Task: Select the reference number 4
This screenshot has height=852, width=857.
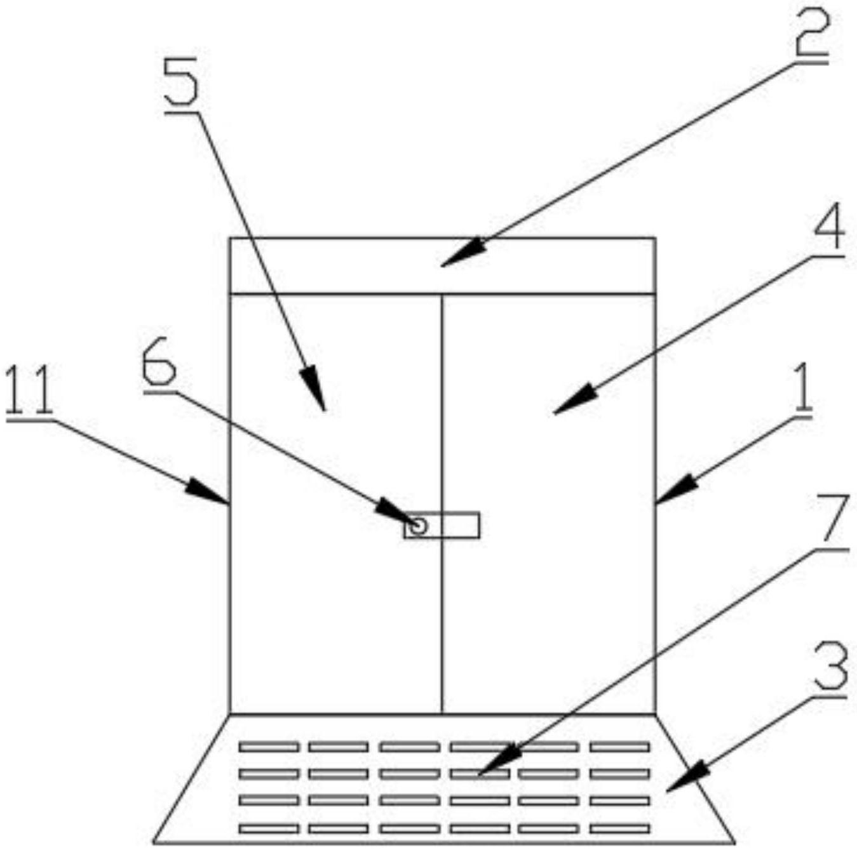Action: click(x=827, y=227)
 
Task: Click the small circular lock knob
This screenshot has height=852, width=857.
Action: click(x=418, y=526)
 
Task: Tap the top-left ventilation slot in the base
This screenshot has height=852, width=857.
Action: click(x=269, y=747)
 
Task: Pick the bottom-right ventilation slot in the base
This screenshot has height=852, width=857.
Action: click(x=619, y=829)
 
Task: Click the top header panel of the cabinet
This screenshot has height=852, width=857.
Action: click(x=356, y=266)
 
